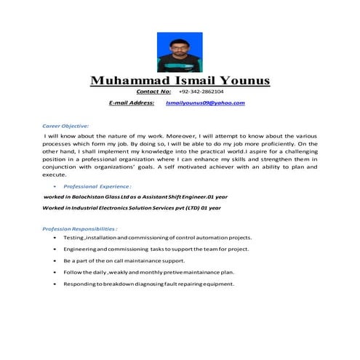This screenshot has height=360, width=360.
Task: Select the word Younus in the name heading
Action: click(x=238, y=80)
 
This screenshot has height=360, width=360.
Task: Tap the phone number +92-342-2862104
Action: click(x=201, y=92)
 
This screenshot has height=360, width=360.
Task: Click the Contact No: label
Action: click(x=153, y=92)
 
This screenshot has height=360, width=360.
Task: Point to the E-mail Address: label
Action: click(x=132, y=103)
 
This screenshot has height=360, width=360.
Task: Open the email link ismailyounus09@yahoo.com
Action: click(x=205, y=103)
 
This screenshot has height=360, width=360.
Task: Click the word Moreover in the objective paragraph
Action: click(x=164, y=136)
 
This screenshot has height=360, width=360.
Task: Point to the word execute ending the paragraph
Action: click(x=55, y=175)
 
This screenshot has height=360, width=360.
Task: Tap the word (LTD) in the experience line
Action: click(x=187, y=208)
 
